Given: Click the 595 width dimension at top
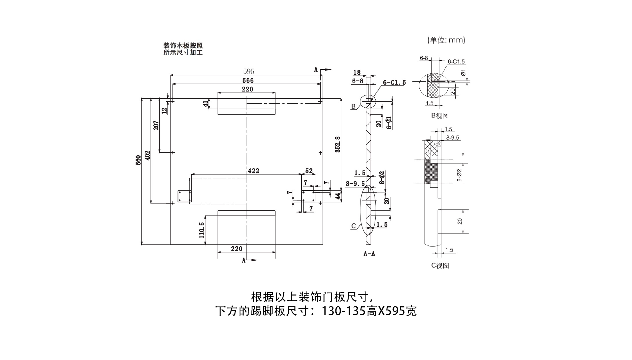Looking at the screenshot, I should (249, 71).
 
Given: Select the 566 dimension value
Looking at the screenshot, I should (248, 81).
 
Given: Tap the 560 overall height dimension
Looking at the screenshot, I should (138, 160).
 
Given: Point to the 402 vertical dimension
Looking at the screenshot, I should (147, 155).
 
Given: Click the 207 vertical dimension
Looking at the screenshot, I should (156, 125).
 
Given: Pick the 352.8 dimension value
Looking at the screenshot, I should (338, 144).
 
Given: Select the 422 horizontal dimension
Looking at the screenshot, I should (253, 171).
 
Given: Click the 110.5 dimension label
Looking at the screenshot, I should (202, 230).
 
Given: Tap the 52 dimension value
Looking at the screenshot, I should (309, 171).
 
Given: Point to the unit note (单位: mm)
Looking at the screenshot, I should (446, 40).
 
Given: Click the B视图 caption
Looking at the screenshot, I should (440, 116).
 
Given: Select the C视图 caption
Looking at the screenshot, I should (440, 266).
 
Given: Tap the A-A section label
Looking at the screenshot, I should (369, 254).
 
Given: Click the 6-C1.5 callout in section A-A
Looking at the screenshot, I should (394, 83).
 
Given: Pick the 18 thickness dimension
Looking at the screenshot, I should (357, 72).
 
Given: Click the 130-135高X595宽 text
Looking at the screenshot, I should (369, 311).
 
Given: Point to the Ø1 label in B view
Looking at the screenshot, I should (463, 73).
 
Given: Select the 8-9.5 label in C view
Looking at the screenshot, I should (452, 138).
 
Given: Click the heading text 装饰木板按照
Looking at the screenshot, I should (183, 46).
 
